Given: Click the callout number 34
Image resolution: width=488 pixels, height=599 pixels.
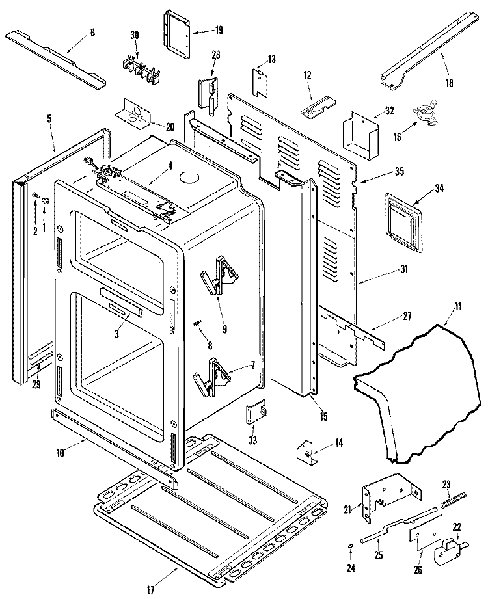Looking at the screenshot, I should [439, 189].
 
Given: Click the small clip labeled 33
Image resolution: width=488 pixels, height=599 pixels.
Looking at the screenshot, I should [255, 412].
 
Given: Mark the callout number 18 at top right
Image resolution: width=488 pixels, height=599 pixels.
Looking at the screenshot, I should [449, 83].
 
